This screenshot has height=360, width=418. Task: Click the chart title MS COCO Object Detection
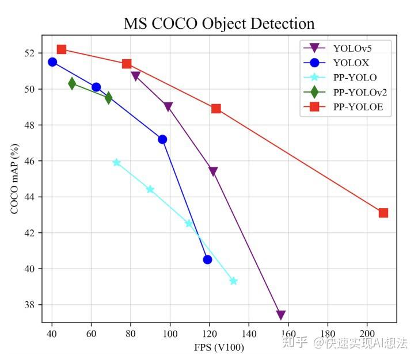[219, 24]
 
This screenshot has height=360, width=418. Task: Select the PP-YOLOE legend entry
[346, 107]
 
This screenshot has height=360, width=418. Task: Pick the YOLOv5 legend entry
[346, 47]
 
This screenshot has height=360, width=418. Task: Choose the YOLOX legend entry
[346, 62]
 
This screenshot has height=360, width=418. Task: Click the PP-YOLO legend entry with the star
[346, 77]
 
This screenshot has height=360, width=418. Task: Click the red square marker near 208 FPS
[383, 213]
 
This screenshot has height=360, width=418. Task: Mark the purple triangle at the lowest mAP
[281, 315]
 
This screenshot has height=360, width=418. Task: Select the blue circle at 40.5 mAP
[207, 259]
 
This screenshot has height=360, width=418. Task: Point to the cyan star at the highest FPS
[233, 281]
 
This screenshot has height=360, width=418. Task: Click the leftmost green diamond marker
[72, 84]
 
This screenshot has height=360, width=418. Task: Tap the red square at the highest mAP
[62, 49]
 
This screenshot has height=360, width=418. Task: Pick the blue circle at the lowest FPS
[52, 62]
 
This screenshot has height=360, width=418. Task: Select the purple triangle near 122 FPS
[213, 171]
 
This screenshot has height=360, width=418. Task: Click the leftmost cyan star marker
[117, 162]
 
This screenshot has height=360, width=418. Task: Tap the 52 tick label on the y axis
[28, 53]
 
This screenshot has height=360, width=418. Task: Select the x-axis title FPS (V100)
[218, 347]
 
